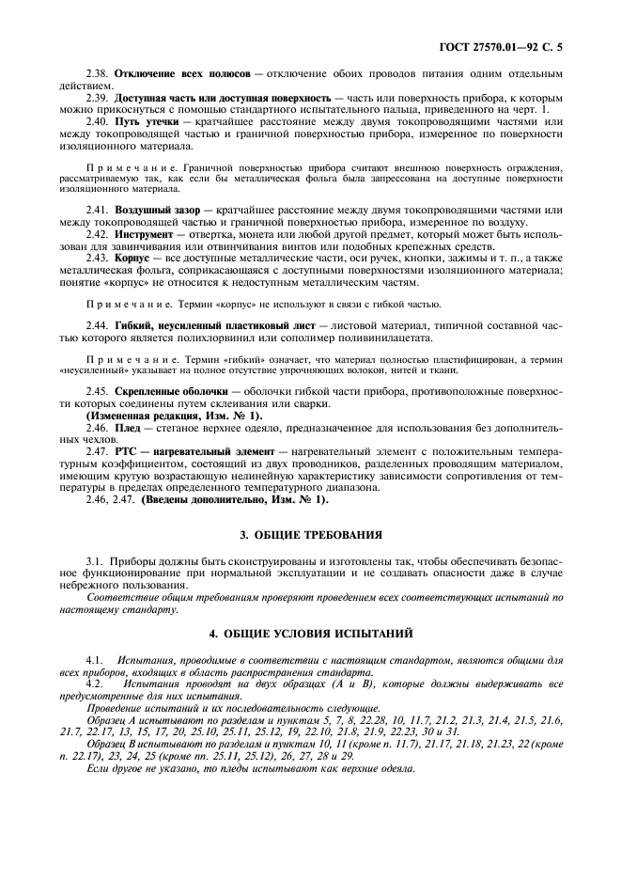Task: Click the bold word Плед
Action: pos(129,427)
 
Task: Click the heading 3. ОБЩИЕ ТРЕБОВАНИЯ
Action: pos(311,535)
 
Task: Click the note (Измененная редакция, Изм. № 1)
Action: pos(175,415)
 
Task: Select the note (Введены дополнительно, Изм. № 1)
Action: pos(235,500)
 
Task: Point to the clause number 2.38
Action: pos(97,72)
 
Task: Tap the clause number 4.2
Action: pos(95,683)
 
